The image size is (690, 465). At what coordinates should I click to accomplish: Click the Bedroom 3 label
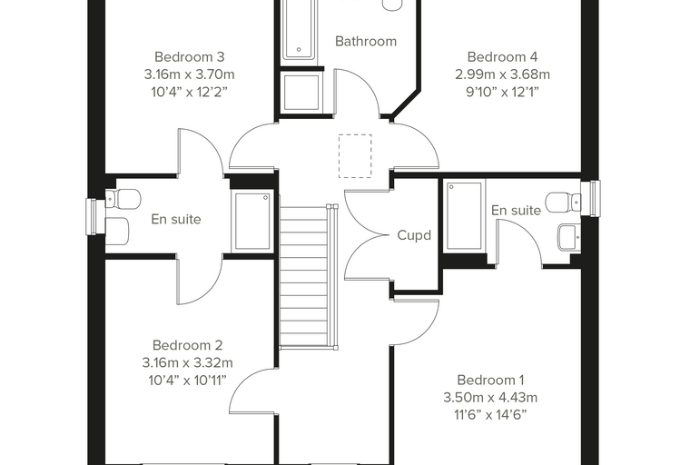pos(190,57)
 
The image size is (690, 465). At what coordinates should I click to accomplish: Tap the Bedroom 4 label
pos(502,57)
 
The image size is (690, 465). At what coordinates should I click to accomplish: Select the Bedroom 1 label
pos(490,380)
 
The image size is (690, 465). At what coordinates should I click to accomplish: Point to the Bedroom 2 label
pos(187,345)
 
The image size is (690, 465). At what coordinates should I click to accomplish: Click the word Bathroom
pos(366,41)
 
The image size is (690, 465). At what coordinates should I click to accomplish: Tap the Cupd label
pos(414,235)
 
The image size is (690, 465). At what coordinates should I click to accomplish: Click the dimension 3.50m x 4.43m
pos(490,397)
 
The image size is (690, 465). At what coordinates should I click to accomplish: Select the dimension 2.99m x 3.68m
pos(503,74)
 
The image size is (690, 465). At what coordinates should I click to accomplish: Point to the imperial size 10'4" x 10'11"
pos(187,380)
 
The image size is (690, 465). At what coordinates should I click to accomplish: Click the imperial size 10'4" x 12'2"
pos(190,92)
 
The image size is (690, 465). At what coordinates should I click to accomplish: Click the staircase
pos(309,276)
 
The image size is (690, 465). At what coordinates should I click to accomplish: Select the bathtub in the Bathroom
pos(299,29)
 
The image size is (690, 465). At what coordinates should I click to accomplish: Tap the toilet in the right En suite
pos(563,203)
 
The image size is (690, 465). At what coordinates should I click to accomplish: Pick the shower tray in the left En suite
pos(252,221)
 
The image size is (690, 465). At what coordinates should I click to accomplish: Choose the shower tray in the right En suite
pos(464,216)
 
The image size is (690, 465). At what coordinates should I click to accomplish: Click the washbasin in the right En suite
pos(569,238)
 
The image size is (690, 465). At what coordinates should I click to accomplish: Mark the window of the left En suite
pos(92,217)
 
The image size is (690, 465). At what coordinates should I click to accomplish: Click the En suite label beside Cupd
pos(517,211)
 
